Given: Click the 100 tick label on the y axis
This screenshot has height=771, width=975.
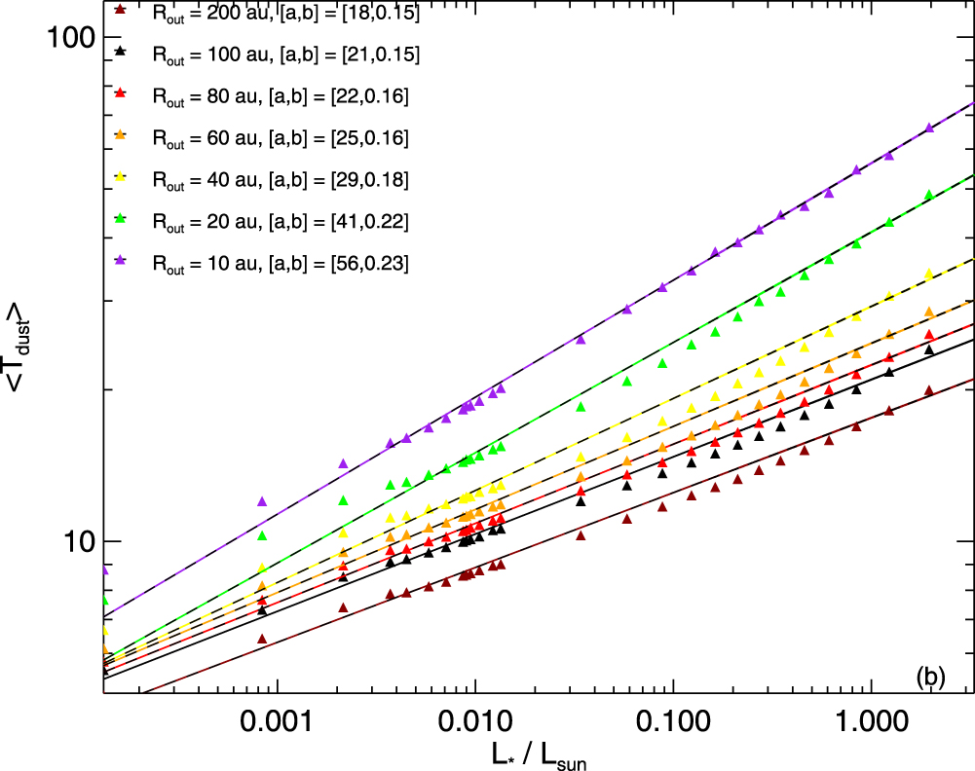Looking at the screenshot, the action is pyautogui.click(x=71, y=38).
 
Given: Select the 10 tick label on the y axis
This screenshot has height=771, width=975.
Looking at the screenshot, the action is pyautogui.click(x=79, y=542).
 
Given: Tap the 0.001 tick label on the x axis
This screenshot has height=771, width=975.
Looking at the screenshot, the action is pyautogui.click(x=278, y=722).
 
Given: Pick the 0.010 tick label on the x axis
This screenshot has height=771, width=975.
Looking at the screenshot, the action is pyautogui.click(x=475, y=722).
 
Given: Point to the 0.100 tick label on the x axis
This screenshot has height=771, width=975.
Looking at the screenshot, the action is pyautogui.click(x=673, y=722).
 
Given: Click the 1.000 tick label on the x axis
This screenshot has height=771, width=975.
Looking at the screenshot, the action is pyautogui.click(x=871, y=722).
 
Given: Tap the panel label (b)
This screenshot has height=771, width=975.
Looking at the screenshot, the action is pyautogui.click(x=931, y=678).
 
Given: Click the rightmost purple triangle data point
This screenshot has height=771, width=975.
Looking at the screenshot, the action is pyautogui.click(x=929, y=128).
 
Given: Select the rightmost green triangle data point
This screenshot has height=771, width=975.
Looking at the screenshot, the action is pyautogui.click(x=929, y=195).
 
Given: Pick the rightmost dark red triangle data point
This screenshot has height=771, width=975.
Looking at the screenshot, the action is pyautogui.click(x=929, y=390).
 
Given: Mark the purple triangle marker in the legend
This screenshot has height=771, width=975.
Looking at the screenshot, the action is pyautogui.click(x=121, y=260).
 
